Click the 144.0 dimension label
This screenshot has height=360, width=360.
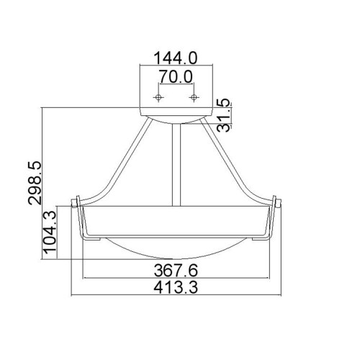176,55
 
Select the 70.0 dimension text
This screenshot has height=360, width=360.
176,73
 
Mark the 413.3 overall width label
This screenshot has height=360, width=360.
176,288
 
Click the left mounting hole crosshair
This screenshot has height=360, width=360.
160,96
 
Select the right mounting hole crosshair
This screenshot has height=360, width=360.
193,96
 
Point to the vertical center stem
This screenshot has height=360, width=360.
173,166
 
